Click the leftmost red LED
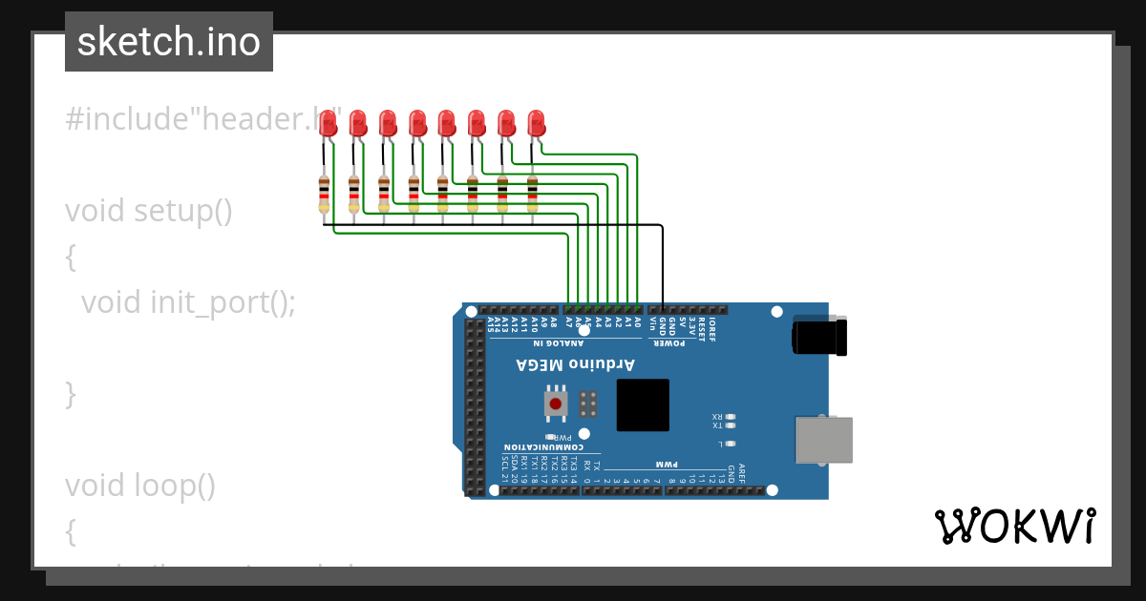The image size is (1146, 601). click(x=328, y=122)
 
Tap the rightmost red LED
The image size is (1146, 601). click(x=536, y=122)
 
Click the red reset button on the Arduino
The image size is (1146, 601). click(x=556, y=404)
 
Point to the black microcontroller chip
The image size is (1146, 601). click(x=643, y=404)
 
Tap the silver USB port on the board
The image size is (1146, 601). click(x=823, y=440)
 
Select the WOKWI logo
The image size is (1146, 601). click(x=1014, y=527)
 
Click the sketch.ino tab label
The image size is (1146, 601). click(x=169, y=42)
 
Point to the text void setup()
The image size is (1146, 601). click(x=149, y=211)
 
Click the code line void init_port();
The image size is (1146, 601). click(x=188, y=302)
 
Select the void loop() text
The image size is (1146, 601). click(x=140, y=486)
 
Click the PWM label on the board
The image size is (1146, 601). click(x=665, y=464)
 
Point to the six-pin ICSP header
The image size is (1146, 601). click(x=588, y=404)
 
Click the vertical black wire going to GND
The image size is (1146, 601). click(x=663, y=267)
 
